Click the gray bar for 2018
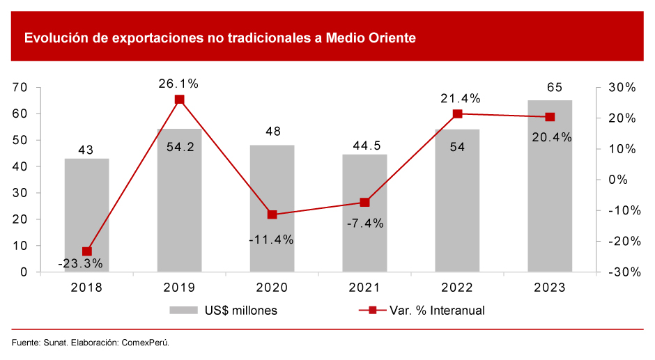coord(86,215)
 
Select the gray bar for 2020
coord(272,208)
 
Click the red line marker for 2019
coord(179,100)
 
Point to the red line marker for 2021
coord(364,203)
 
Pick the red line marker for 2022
coord(457,114)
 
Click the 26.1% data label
coord(178,84)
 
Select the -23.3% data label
coord(81,263)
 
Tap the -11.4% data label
coord(271,240)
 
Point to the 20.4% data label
coord(550,137)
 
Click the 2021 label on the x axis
coord(364,287)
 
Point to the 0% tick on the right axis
coord(617,180)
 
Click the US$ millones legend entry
coord(223,311)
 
